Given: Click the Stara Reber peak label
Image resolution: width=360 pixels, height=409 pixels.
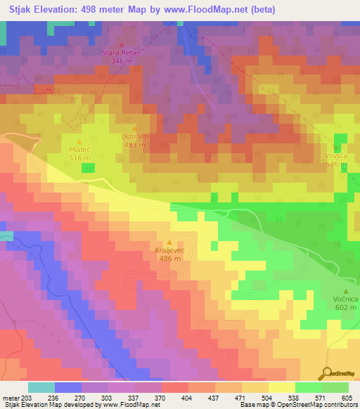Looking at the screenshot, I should pyautogui.click(x=122, y=52).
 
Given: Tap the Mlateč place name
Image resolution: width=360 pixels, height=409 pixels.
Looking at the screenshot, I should pyautogui.click(x=79, y=150).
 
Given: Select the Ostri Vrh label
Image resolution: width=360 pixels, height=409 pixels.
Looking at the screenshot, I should pyautogui.click(x=134, y=136).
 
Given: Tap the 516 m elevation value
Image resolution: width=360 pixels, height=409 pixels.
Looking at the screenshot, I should pyautogui.click(x=79, y=158).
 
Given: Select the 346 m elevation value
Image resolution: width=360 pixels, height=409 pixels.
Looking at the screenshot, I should pyautogui.click(x=122, y=61).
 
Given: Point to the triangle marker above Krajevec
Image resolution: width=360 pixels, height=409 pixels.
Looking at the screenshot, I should pyautogui.click(x=168, y=242).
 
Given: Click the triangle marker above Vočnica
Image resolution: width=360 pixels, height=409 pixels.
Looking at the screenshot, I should pyautogui.click(x=346, y=291).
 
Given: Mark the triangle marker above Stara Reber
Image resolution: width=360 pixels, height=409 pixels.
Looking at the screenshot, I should pyautogui.click(x=122, y=44).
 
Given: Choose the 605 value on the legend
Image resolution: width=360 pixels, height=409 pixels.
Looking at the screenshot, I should pyautogui.click(x=347, y=397).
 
